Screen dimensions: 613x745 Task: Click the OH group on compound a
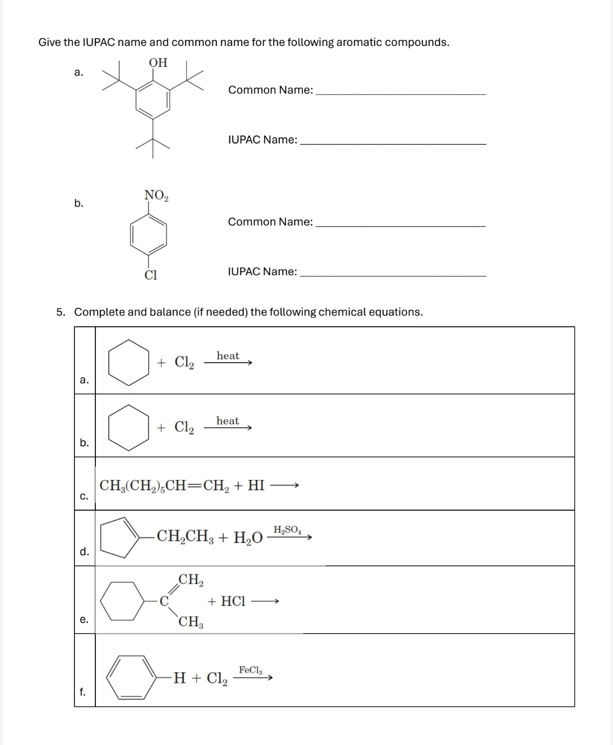[x=158, y=62]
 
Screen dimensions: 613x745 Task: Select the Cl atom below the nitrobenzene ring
[x=150, y=275]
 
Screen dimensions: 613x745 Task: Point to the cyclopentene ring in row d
[x=120, y=537]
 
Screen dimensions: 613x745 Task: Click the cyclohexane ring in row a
[x=129, y=362]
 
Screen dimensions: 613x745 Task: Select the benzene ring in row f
[x=133, y=676]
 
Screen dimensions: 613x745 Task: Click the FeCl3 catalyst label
[x=250, y=670]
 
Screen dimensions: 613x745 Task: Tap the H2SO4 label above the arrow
[x=288, y=530]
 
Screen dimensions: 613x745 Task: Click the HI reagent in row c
[x=256, y=486]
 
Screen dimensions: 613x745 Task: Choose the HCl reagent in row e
[x=233, y=601]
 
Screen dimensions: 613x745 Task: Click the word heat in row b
[x=228, y=421]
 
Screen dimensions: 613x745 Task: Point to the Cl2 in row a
[x=184, y=362]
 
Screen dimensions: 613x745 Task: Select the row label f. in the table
[x=83, y=692]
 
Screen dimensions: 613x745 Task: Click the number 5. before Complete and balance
[x=61, y=312]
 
